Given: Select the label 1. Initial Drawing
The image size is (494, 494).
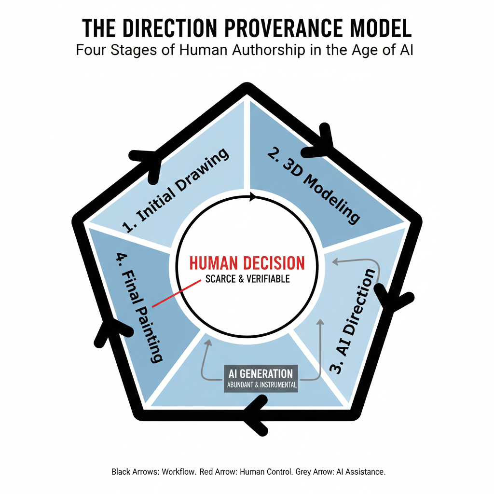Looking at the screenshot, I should coord(176,192).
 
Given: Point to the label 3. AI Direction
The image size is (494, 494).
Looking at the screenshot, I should coord(353,320).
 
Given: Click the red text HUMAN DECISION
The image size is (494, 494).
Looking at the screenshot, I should coord(247,263).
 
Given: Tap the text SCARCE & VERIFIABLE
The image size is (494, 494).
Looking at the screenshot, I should coord(247,279).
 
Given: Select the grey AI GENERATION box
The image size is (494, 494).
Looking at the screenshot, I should coord(261,379).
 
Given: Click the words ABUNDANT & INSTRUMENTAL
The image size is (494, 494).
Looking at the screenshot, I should coord(261,386).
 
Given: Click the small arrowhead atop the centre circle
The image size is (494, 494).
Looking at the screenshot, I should coord(251,197).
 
